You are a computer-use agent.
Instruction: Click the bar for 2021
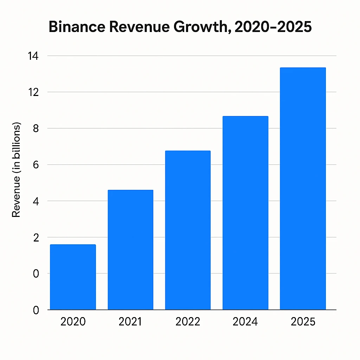point(130,250)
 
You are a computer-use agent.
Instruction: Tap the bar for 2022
point(188,230)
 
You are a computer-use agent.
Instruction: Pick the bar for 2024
point(245,213)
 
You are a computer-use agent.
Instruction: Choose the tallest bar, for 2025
point(303,188)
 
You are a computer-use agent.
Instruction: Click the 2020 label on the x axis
point(73,322)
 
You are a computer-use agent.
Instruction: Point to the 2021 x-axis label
point(130,322)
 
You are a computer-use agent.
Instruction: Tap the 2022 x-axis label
point(188,322)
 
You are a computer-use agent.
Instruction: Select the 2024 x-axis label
point(245,322)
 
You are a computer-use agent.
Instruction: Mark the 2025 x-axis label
point(303,322)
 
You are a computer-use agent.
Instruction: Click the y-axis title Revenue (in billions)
point(17,170)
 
